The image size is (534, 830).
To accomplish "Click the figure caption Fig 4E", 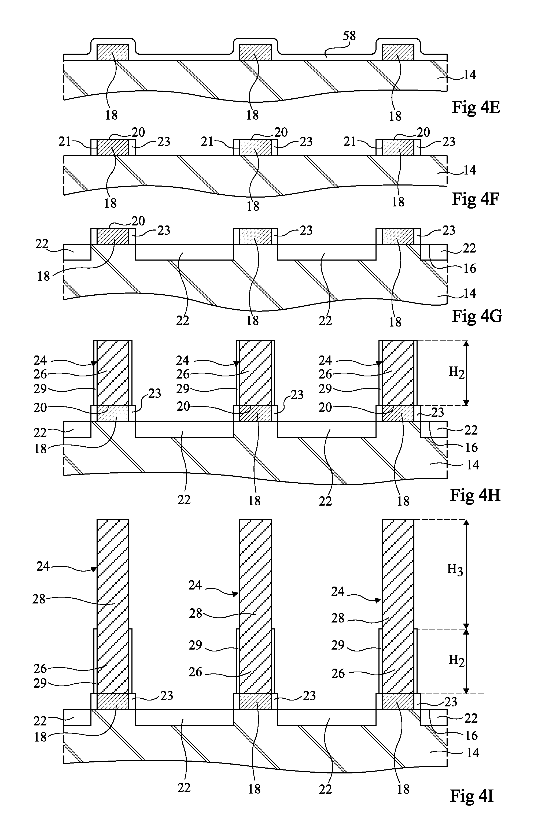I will (x=476, y=108).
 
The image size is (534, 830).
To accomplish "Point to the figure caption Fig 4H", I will (x=475, y=496).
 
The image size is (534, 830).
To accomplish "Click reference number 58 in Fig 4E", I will (x=349, y=36).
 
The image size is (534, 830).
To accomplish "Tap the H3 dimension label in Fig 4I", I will (x=455, y=569).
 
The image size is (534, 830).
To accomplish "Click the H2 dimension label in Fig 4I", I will (x=456, y=660).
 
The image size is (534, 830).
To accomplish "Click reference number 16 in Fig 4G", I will (x=470, y=268).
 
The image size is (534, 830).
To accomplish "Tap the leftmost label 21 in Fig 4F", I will (x=65, y=142).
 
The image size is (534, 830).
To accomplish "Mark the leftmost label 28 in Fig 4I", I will (x=39, y=599).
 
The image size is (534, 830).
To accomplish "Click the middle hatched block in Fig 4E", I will (x=256, y=52).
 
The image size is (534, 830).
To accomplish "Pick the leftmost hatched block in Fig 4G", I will (x=113, y=236).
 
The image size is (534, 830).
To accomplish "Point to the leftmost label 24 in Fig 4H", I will (x=40, y=360).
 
